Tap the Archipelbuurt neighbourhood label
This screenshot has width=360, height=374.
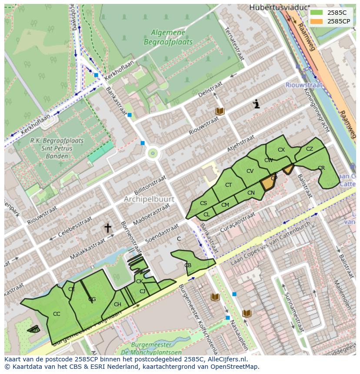[x=149, y=199]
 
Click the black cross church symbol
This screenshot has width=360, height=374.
[x=107, y=228]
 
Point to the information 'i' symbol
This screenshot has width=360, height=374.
[x=257, y=104]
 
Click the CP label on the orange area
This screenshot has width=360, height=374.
[x=273, y=179]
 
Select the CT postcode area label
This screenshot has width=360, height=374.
[x=228, y=185]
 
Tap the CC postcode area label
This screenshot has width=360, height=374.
[x=57, y=314]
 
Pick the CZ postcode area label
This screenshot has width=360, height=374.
[x=310, y=149]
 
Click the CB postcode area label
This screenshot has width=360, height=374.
[x=188, y=265]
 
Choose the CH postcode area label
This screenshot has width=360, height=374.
[x=117, y=304]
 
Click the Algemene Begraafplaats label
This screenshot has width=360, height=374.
[x=168, y=36]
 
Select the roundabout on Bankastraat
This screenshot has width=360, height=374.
[x=152, y=153]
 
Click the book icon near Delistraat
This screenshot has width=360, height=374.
[x=220, y=112]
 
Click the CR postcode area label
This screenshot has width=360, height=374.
[x=321, y=168]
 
